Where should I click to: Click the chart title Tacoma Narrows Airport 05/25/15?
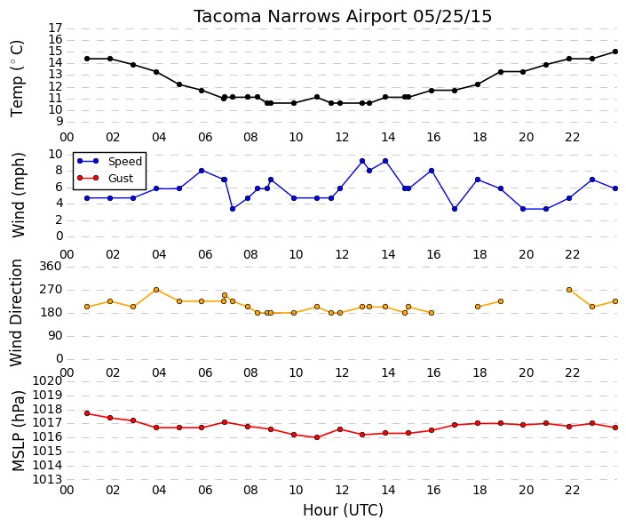pos(343,16)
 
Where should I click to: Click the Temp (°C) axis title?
pos(17,79)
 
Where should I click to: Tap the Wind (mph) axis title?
pos(18,195)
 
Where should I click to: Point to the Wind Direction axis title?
pos(16,313)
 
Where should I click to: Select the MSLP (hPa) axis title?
pos(18,431)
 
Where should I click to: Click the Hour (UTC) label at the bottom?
pos(343,510)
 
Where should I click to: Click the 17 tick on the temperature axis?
pos(55,28)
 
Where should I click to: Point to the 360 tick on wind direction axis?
pos(51,266)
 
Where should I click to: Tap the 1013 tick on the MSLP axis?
pos(48,479)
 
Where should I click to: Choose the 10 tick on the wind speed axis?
pos(55,155)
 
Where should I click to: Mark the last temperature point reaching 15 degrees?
pos(615,52)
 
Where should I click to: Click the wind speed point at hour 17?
pos(455,209)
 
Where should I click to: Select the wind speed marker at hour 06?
pos(202,171)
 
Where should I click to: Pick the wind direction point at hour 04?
pos(156,290)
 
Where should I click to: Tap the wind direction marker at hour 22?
pos(569,290)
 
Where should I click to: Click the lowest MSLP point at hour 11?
pos(317,437)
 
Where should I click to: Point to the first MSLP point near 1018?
pos(87,413)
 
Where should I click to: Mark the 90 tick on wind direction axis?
pos(55,336)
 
